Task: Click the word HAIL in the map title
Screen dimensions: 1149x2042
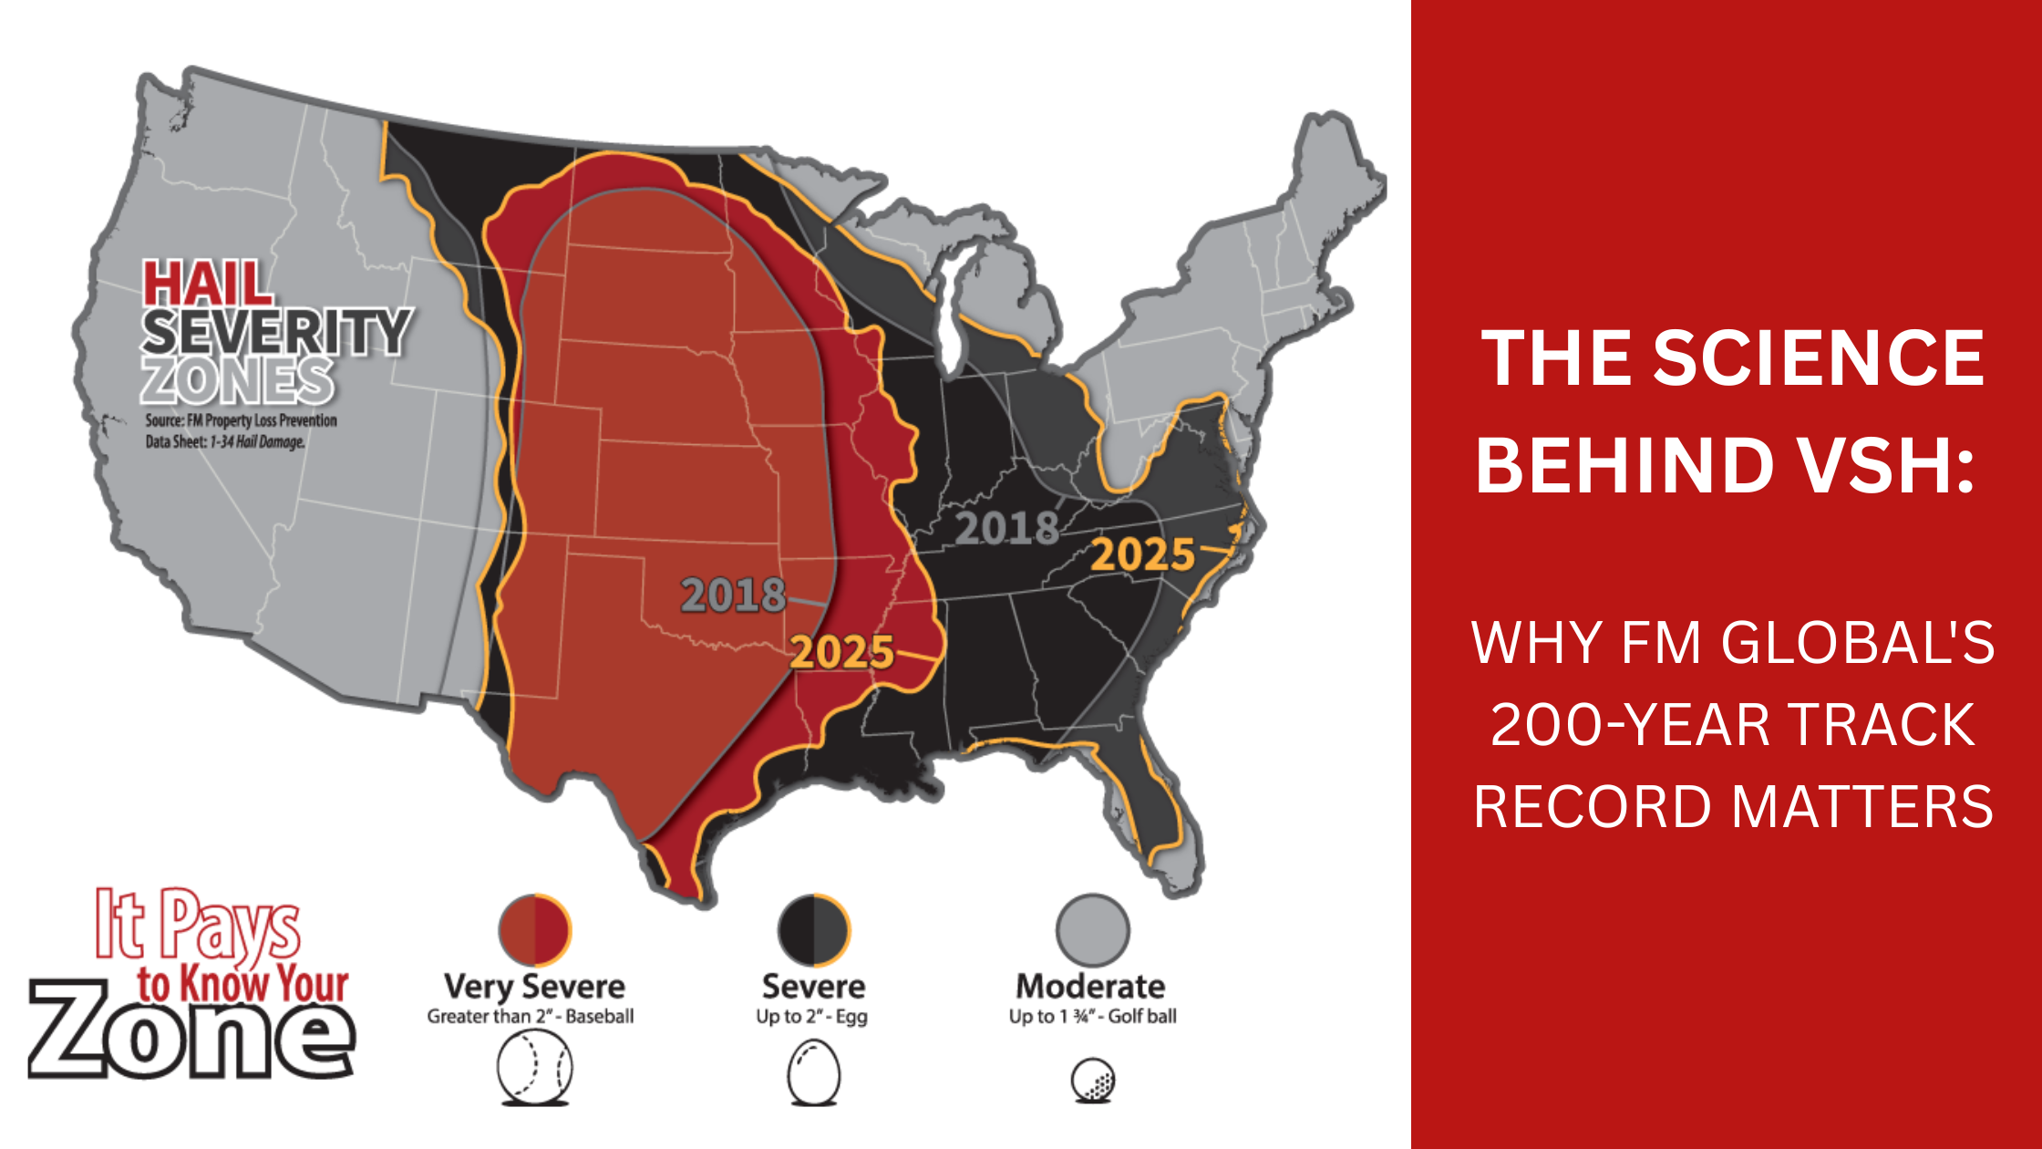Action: point(208,285)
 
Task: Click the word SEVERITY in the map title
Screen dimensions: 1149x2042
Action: point(276,332)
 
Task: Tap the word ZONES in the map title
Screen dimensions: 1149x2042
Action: point(237,381)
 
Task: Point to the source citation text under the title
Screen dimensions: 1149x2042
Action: point(241,431)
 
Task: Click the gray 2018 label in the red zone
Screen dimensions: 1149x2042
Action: point(733,595)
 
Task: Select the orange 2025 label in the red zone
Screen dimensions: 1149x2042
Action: point(841,653)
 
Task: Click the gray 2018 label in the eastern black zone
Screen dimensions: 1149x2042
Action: point(1006,529)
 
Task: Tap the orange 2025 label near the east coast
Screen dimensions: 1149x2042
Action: point(1142,554)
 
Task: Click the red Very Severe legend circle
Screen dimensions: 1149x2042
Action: point(535,930)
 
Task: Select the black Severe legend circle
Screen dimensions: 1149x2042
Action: point(813,930)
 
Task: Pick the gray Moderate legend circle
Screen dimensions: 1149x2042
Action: point(1092,930)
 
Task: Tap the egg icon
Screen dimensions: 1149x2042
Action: point(813,1072)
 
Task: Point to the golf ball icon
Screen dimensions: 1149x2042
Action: point(1092,1080)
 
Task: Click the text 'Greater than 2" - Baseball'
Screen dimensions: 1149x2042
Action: point(531,1017)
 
